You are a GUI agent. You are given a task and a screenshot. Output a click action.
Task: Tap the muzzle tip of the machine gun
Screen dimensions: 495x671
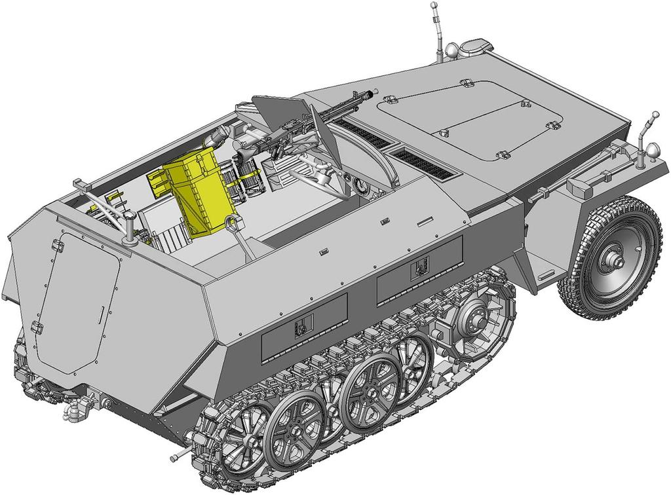pos(375,92)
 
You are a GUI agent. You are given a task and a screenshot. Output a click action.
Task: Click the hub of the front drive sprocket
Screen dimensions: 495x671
pos(472,318)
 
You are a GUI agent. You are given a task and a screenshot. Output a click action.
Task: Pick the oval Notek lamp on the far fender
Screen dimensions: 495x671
pos(475,46)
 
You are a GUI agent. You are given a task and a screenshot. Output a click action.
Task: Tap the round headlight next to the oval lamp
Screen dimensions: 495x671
pos(452,50)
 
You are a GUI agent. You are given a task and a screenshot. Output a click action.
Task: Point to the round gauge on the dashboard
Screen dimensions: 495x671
pos(360,187)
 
